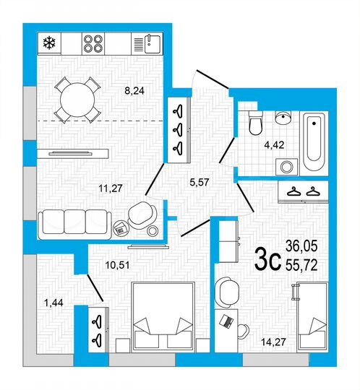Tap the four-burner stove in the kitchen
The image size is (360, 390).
[95, 43]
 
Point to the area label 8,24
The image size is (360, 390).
[136, 92]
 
